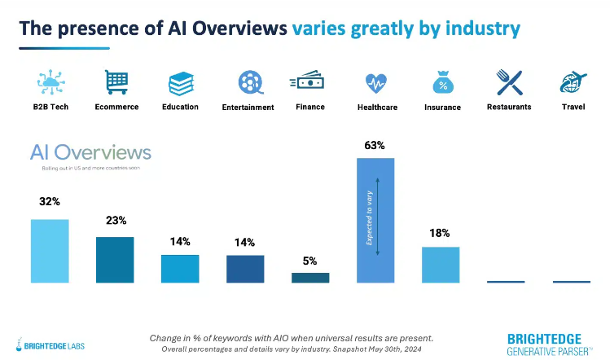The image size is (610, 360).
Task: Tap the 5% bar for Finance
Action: click(x=310, y=278)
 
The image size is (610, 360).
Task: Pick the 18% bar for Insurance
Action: click(x=441, y=265)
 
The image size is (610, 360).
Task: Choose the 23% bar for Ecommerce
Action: click(x=115, y=260)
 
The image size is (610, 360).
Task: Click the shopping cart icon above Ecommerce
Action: click(x=116, y=82)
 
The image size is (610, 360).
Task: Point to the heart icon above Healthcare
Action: click(x=375, y=83)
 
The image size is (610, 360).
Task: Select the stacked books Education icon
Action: click(x=180, y=83)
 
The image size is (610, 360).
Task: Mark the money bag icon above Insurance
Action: click(x=443, y=82)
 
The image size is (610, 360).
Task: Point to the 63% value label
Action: click(x=375, y=146)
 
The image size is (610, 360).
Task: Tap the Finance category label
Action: click(x=310, y=107)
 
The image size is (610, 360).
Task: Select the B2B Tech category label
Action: click(x=50, y=107)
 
